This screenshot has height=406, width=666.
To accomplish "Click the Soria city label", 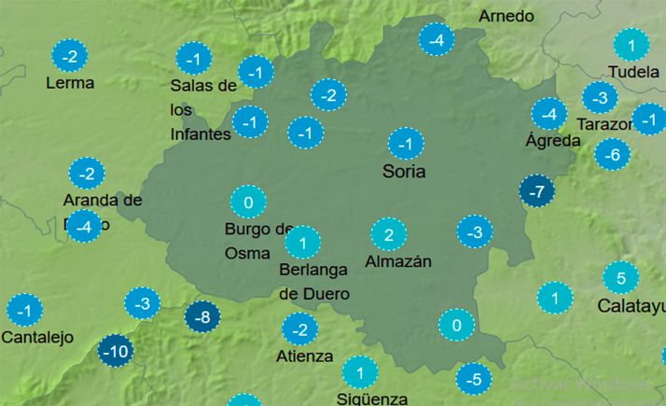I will pyautogui.click(x=404, y=172).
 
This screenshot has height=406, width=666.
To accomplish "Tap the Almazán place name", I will pyautogui.click(x=398, y=261).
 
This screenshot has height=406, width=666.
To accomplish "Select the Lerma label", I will pyautogui.click(x=70, y=83).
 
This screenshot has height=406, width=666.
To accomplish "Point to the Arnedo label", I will pyautogui.click(x=506, y=16).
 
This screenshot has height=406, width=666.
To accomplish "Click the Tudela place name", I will pyautogui.click(x=632, y=72).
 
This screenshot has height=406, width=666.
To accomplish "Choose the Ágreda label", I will pyautogui.click(x=553, y=141).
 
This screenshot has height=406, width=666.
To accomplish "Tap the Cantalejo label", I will pyautogui.click(x=37, y=337).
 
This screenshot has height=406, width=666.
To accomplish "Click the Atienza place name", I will pyautogui.click(x=304, y=356).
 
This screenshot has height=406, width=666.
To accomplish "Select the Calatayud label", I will pyautogui.click(x=631, y=305).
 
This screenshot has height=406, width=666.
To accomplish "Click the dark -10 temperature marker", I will pyautogui.click(x=115, y=352).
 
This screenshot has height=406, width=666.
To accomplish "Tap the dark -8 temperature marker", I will pyautogui.click(x=202, y=317).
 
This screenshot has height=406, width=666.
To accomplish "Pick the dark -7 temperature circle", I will pyautogui.click(x=536, y=192).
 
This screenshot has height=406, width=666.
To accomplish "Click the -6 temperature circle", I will pyautogui.click(x=612, y=154).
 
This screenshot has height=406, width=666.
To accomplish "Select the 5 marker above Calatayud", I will pyautogui.click(x=620, y=277).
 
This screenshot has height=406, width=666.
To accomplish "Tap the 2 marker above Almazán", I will pyautogui.click(x=389, y=234).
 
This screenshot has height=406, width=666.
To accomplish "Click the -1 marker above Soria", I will pyautogui.click(x=406, y=145).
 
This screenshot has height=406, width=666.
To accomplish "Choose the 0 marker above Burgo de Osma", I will pyautogui.click(x=248, y=203).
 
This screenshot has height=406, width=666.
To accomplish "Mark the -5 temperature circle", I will pyautogui.click(x=474, y=379).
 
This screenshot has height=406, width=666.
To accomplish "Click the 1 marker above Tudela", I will pyautogui.click(x=631, y=45).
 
